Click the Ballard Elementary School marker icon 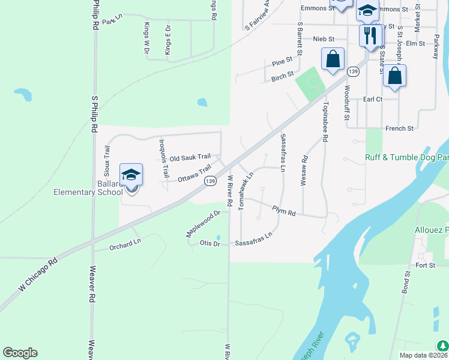click(x=131, y=176)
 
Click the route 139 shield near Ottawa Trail click(x=209, y=181)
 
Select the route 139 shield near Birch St click(x=353, y=72)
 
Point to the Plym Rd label click(x=284, y=212)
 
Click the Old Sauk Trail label click(x=190, y=158)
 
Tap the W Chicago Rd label click(x=37, y=275)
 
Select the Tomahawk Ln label click(x=246, y=190)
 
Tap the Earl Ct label click(x=372, y=99)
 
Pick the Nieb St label click(x=324, y=39)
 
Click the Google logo click(x=20, y=353)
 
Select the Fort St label click(x=425, y=265)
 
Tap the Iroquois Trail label click(x=163, y=159)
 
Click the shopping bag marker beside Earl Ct click(x=394, y=76)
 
